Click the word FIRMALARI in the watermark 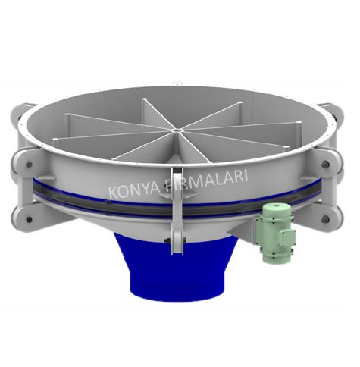[206, 180]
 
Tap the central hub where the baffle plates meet [177, 130]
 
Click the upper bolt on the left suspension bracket [29, 165]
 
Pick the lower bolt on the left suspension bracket [29, 219]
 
